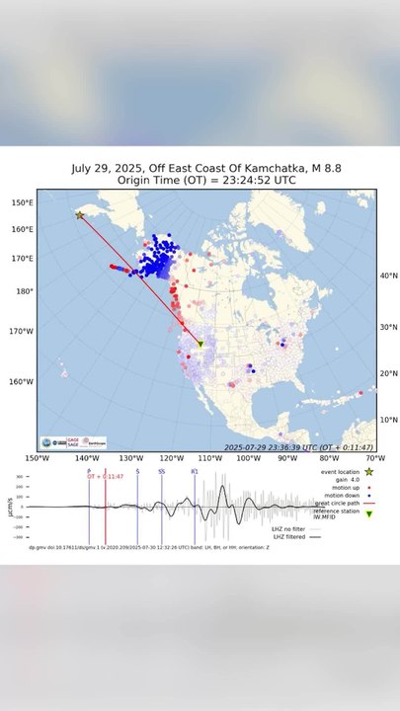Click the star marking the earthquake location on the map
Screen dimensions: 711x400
(80, 214)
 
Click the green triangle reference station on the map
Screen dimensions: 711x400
(200, 345)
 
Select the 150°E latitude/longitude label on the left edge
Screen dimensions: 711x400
(22, 203)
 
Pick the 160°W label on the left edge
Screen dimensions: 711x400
(22, 381)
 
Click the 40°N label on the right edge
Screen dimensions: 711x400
(389, 276)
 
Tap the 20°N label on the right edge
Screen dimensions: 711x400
(389, 373)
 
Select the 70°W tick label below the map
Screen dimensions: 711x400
(374, 458)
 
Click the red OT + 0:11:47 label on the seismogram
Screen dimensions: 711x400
(105, 477)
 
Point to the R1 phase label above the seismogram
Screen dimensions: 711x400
(194, 472)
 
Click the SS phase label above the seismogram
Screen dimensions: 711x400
(161, 472)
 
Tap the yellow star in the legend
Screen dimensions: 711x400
(368, 473)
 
